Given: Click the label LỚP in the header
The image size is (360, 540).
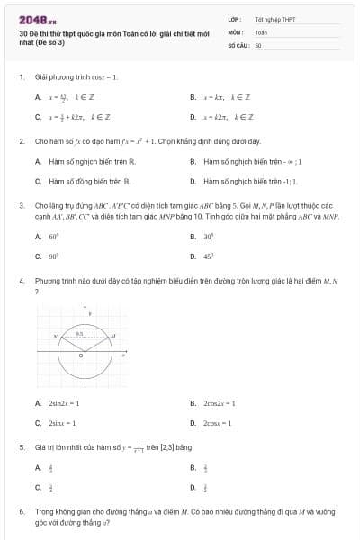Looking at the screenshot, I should click(x=234, y=18).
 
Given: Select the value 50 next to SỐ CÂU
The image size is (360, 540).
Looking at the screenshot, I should click(x=258, y=44).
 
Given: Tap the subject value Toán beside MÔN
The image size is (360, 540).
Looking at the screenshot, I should click(x=261, y=31).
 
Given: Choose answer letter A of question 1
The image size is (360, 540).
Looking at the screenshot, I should click(x=38, y=96).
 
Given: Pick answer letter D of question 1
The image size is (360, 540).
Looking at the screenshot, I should click(x=193, y=117).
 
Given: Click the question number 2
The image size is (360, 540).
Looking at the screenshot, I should click(x=21, y=141).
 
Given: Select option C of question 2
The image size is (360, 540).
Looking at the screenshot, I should click(x=38, y=180).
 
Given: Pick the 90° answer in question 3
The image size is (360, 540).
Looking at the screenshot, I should click(x=53, y=256).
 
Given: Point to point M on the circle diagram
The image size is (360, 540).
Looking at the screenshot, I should click(x=112, y=336).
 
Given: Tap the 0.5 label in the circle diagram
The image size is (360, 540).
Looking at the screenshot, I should click(x=79, y=333).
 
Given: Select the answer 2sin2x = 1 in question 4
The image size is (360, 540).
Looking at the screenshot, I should click(x=64, y=403).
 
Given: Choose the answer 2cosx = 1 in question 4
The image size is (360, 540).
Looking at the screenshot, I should click(x=218, y=423).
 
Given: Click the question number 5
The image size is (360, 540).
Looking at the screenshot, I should click(x=21, y=446).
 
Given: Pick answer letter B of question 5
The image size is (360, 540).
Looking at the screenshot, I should click(x=193, y=467).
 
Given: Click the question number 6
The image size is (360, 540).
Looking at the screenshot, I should click(x=21, y=510).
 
